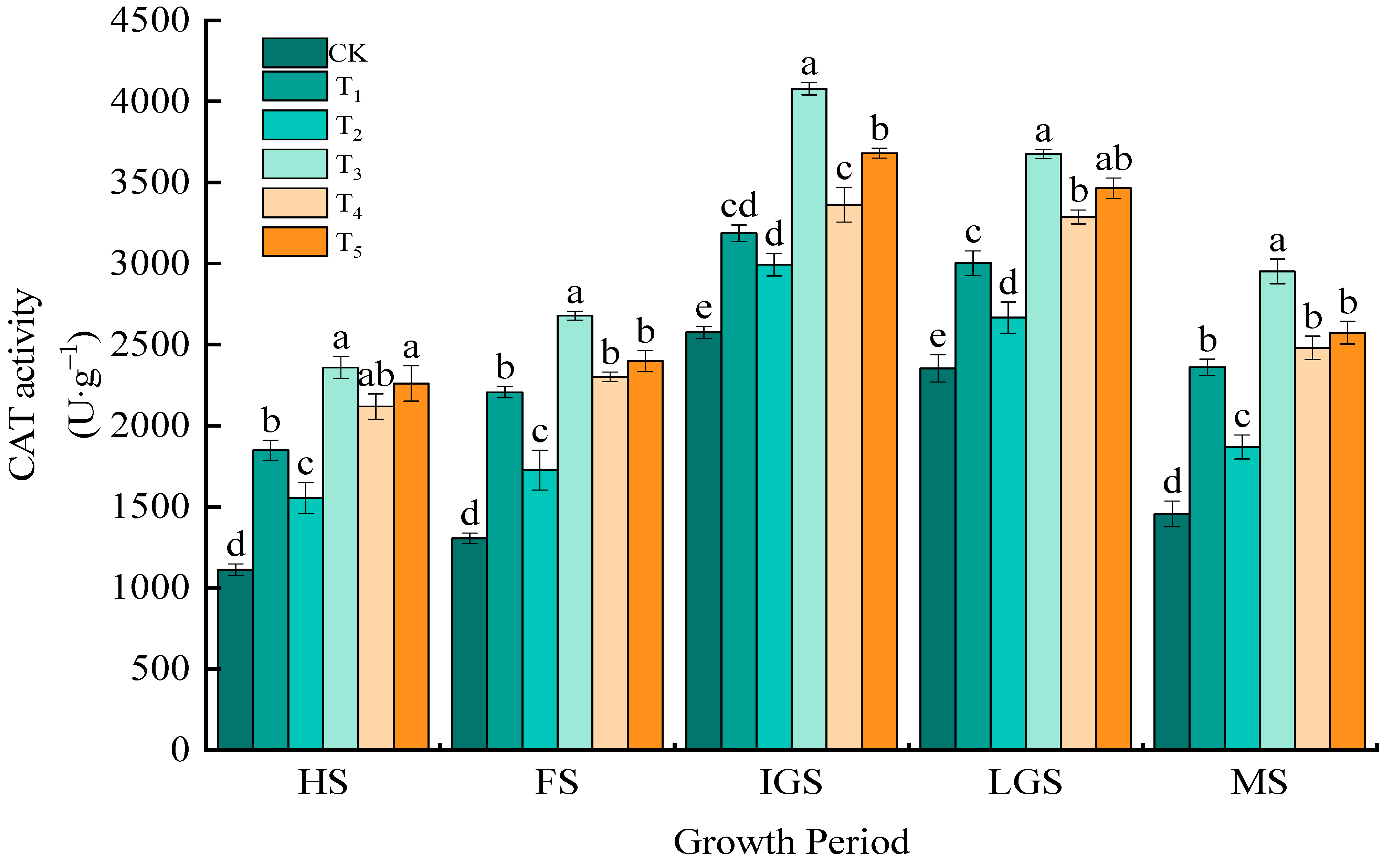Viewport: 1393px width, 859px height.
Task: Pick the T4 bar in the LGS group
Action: [1078, 483]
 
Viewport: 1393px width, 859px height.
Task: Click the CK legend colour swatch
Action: [294, 53]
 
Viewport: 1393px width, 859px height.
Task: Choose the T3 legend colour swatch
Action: [294, 164]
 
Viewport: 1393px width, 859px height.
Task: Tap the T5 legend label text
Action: [348, 244]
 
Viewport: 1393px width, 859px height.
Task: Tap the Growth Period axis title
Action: [791, 841]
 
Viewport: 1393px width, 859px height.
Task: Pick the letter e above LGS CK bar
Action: [938, 337]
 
